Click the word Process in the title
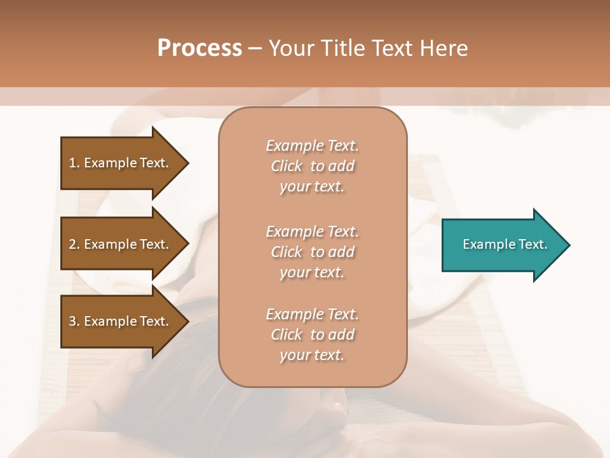[200, 48]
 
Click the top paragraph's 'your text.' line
[312, 186]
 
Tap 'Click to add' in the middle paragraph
[313, 252]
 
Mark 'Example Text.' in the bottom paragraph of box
[313, 314]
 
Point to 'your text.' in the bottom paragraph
[312, 355]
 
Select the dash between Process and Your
[255, 48]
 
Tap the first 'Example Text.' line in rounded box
[313, 146]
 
